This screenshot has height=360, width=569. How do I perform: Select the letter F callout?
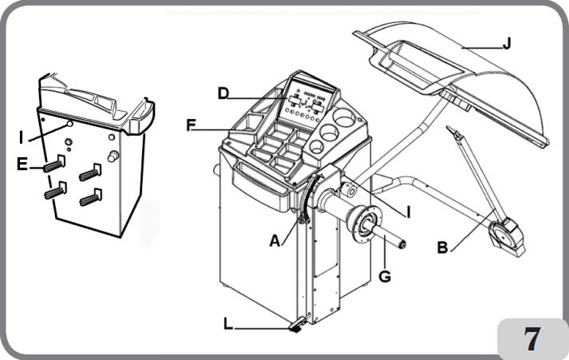(x=190, y=125)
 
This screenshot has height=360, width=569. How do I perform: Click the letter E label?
(x=23, y=165)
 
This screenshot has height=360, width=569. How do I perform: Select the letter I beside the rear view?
(x=21, y=137)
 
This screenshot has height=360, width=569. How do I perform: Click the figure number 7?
(x=531, y=338)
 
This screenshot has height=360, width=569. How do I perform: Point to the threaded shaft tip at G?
(x=403, y=244)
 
